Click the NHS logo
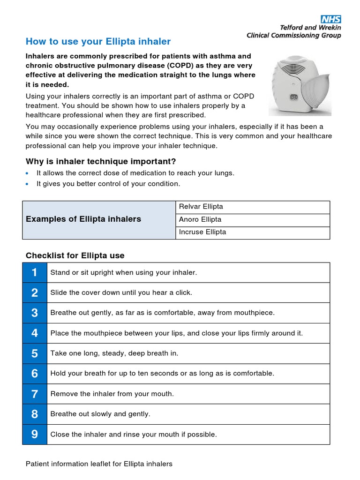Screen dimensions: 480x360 (x=330, y=19)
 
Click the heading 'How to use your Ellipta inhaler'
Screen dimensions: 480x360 (x=98, y=41)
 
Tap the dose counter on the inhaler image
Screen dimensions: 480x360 (x=294, y=97)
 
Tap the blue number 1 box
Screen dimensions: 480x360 (x=35, y=272)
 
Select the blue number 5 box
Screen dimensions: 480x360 (x=35, y=353)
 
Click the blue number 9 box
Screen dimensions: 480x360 (x=35, y=435)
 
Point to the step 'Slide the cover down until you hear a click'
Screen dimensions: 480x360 (x=121, y=292)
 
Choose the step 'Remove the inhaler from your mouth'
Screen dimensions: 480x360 (x=112, y=394)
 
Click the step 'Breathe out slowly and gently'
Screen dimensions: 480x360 (x=100, y=414)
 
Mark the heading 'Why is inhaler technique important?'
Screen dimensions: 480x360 (x=101, y=162)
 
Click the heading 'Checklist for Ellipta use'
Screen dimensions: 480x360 (x=75, y=255)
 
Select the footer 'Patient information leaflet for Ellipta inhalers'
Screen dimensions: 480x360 (x=99, y=464)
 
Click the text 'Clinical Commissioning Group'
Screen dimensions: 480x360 (x=293, y=35)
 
